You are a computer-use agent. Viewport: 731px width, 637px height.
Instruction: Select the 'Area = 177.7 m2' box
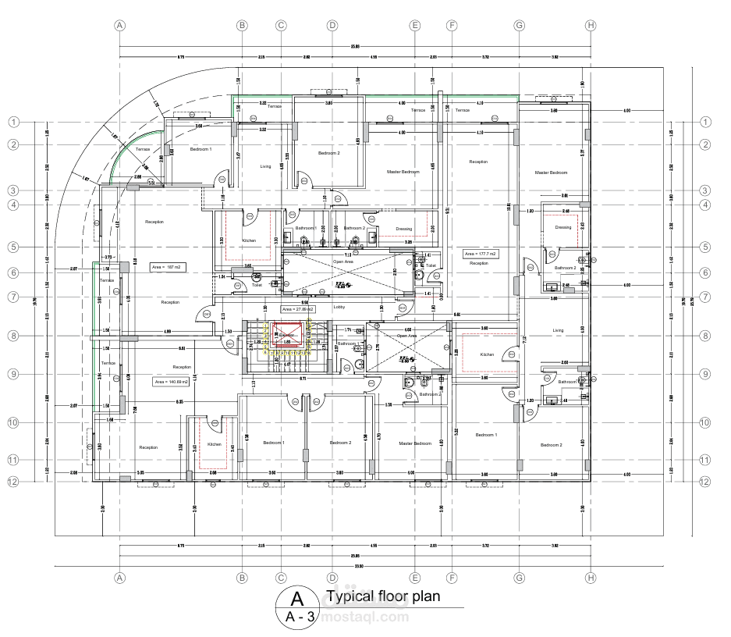(x=481, y=254)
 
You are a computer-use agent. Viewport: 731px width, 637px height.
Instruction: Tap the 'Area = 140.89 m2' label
(x=172, y=382)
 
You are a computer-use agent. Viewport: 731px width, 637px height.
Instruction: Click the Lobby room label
(x=339, y=307)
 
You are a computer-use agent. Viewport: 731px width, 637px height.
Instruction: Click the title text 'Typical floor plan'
(x=383, y=597)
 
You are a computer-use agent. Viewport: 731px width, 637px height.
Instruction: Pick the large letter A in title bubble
(x=296, y=599)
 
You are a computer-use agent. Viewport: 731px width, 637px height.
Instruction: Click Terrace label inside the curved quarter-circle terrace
(x=143, y=149)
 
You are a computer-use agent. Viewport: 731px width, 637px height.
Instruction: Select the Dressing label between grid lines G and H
(x=562, y=227)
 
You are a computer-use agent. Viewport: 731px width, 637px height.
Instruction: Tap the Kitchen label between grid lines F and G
(x=487, y=354)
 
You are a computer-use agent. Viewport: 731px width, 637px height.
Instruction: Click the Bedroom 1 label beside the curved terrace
(x=200, y=148)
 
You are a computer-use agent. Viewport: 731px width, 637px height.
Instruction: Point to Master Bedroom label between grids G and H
(x=551, y=173)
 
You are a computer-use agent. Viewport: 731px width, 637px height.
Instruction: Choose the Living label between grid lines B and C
(x=266, y=166)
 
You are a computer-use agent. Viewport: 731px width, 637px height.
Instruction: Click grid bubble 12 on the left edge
(x=13, y=482)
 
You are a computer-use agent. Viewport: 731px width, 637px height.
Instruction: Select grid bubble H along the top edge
(x=591, y=25)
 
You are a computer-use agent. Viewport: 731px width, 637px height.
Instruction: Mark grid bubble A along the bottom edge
(x=119, y=578)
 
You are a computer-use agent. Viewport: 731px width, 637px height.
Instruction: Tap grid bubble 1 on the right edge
(x=704, y=122)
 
